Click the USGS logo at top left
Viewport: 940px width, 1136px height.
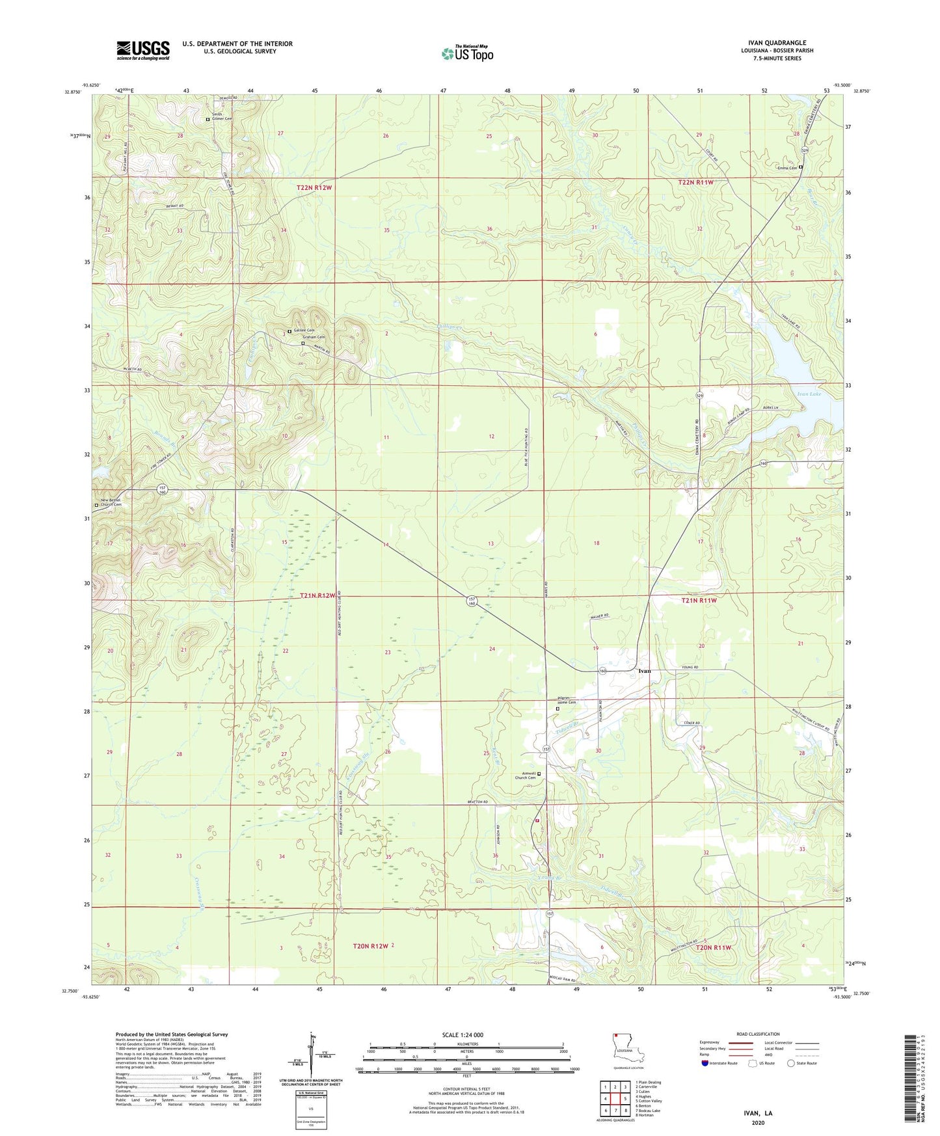142,50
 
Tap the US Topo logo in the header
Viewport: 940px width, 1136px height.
467,53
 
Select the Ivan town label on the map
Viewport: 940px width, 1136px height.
644,671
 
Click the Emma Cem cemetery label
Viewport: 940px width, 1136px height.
786,168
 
